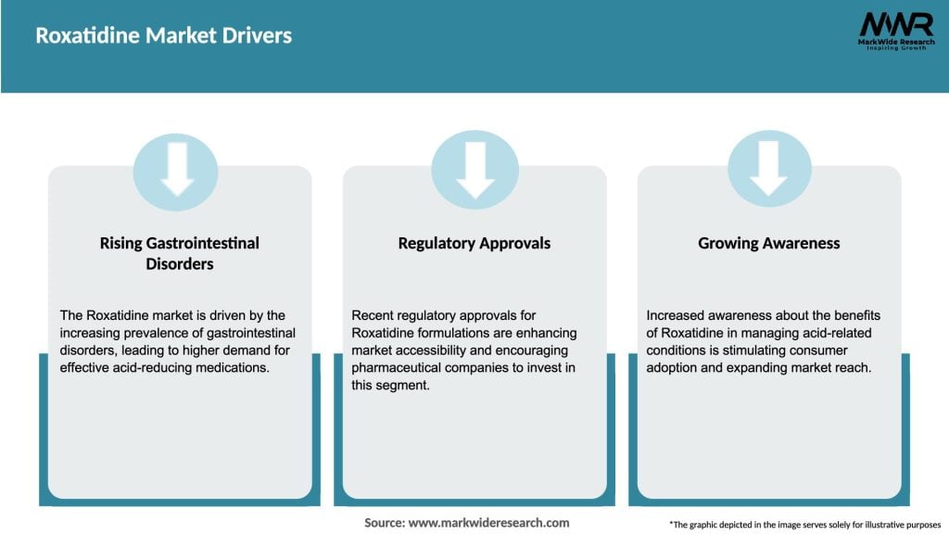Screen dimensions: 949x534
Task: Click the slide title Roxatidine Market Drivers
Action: pos(163,36)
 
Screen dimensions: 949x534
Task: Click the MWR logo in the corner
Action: pos(895,24)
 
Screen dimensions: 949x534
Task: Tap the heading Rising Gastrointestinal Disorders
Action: pos(179,253)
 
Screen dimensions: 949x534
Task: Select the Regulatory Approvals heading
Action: pos(474,243)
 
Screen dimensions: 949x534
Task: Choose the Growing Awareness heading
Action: pos(768,243)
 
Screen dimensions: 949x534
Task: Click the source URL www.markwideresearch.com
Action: pos(488,523)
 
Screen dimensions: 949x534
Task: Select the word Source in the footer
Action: pos(384,523)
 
